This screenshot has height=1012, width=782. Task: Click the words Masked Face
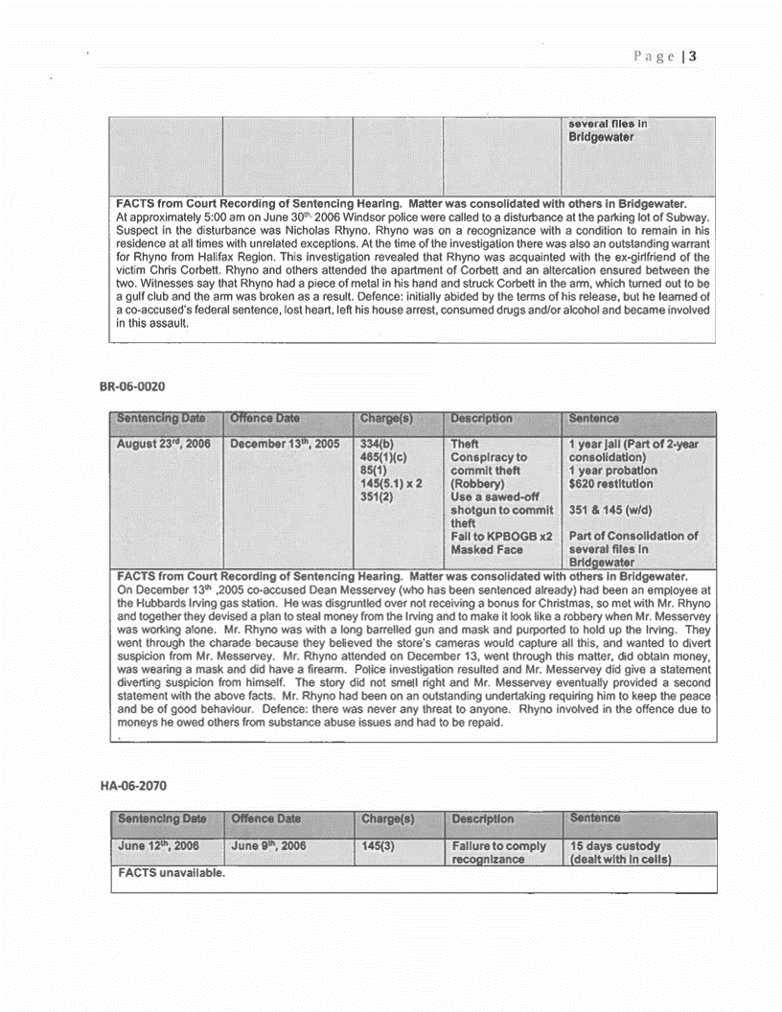488,550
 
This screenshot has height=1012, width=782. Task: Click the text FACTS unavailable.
157,875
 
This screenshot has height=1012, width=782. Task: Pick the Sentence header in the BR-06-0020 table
595,419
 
